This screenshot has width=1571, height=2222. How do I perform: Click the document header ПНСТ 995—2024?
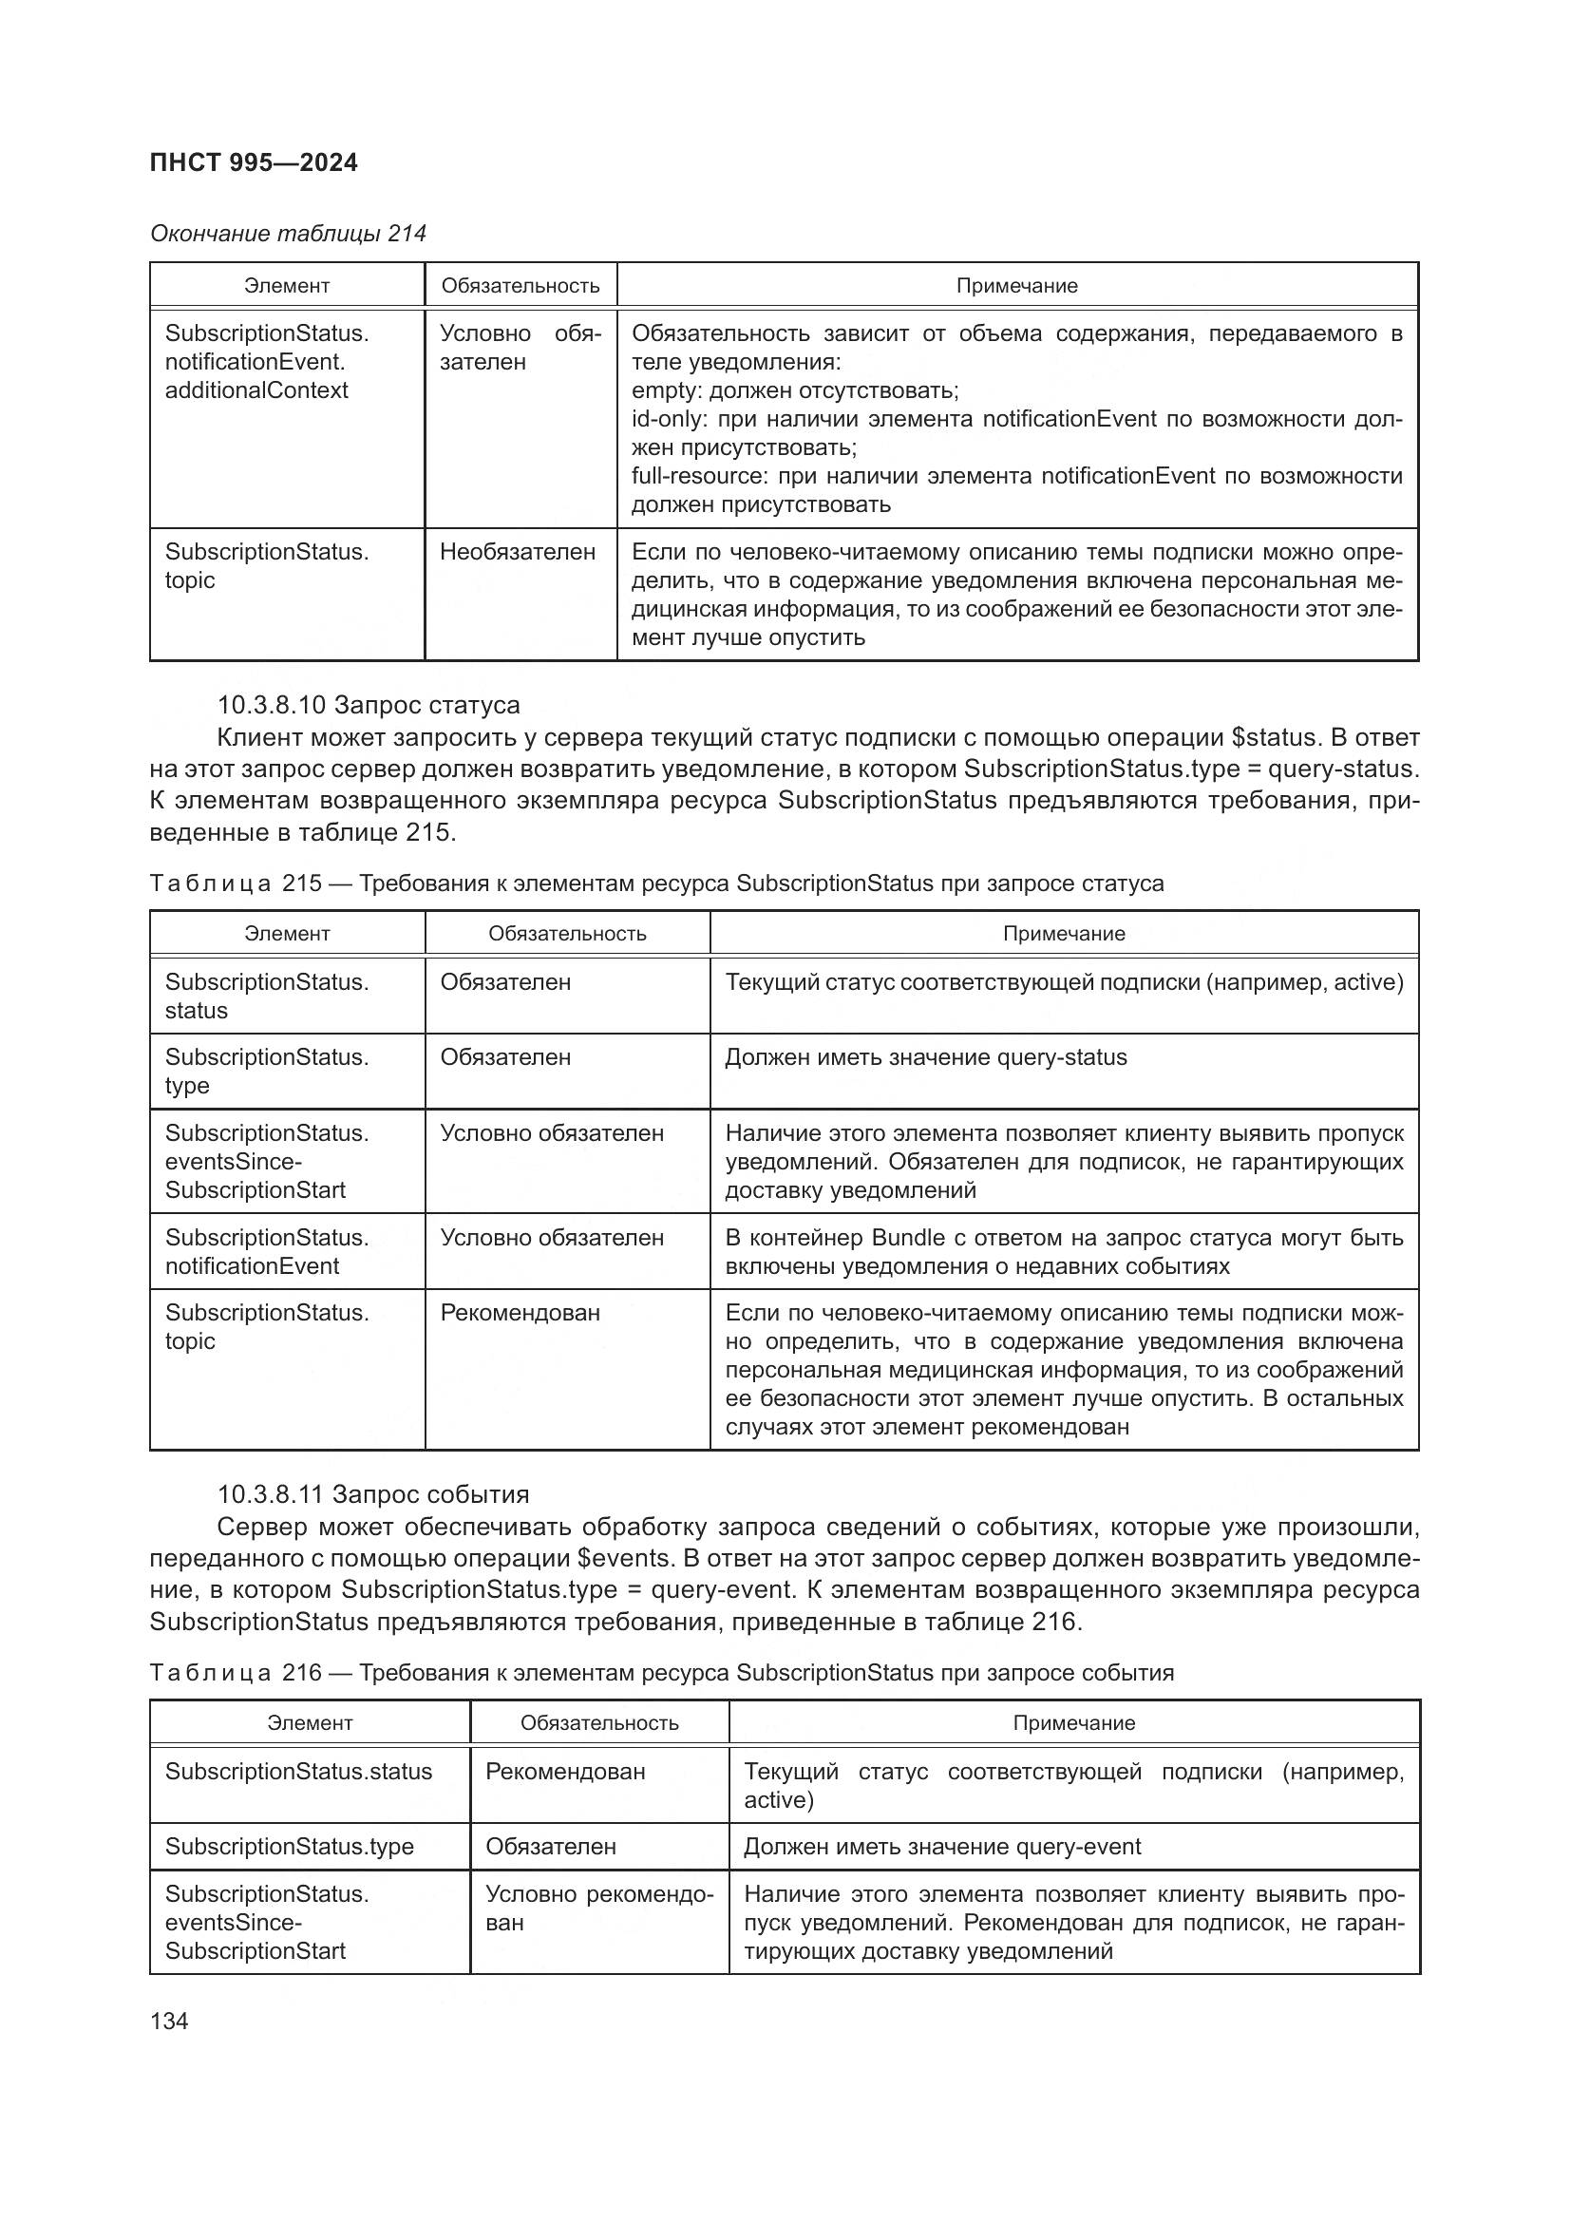pyautogui.click(x=254, y=162)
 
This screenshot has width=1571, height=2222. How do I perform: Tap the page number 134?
pyautogui.click(x=169, y=2021)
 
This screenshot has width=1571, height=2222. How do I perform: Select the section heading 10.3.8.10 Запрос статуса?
pyautogui.click(x=368, y=705)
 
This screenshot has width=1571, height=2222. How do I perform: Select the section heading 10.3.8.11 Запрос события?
pyautogui.click(x=372, y=1494)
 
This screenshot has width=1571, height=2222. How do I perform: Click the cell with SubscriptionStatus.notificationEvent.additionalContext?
pyautogui.click(x=266, y=362)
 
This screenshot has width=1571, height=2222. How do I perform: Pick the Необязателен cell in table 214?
pyautogui.click(x=518, y=553)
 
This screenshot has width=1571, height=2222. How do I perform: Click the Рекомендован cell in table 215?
pyautogui.click(x=521, y=1313)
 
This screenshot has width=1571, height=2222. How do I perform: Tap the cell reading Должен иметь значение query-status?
pyautogui.click(x=926, y=1056)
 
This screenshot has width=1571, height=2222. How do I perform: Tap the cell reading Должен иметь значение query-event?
pyautogui.click(x=942, y=1847)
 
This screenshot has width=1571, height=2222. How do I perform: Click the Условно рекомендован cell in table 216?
pyautogui.click(x=598, y=1909)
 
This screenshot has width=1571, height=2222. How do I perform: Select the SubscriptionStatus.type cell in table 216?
pyautogui.click(x=290, y=1847)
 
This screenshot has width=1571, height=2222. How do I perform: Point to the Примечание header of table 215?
pyautogui.click(x=1064, y=934)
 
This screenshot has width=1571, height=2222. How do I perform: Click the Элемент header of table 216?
pyautogui.click(x=310, y=1723)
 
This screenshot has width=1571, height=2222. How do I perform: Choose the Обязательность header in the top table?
pyautogui.click(x=521, y=287)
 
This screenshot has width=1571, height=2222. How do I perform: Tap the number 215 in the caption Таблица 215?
pyautogui.click(x=302, y=883)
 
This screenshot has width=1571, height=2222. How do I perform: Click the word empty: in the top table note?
pyautogui.click(x=668, y=391)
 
